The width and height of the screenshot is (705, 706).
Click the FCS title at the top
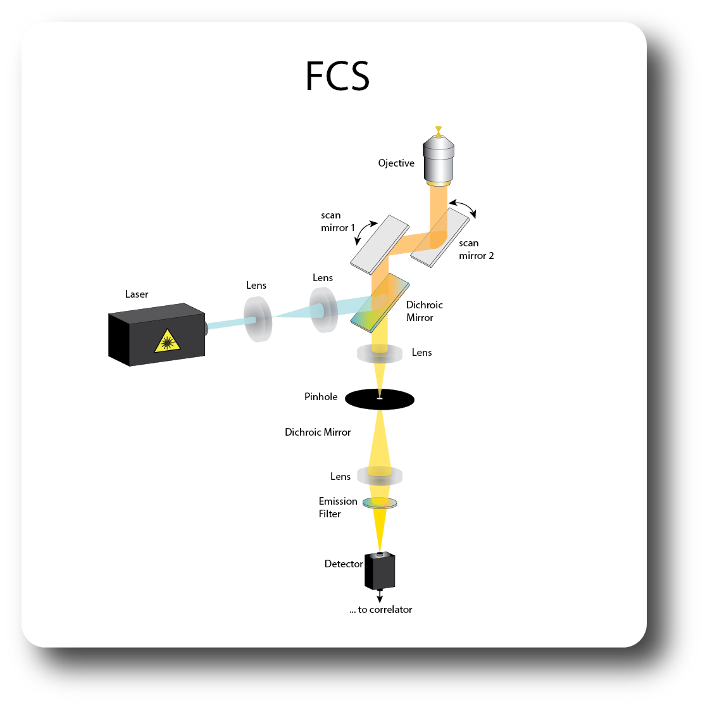click(337, 77)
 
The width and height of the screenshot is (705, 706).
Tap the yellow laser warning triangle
click(167, 341)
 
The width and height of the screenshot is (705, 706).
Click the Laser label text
click(137, 294)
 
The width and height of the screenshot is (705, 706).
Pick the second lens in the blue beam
click(324, 310)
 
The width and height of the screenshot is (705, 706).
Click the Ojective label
click(396, 163)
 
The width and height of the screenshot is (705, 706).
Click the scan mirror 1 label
click(335, 222)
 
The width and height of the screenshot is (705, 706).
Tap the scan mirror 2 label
click(476, 249)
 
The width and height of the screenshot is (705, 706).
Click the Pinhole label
click(321, 397)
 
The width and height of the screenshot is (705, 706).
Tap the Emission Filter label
click(338, 508)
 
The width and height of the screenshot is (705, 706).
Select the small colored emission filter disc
click(380, 503)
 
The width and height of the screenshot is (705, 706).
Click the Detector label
click(344, 564)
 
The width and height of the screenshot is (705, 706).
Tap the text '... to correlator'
click(380, 610)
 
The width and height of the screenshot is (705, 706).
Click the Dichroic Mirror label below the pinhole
click(318, 432)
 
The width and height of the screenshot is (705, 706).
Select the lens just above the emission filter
click(380, 475)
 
